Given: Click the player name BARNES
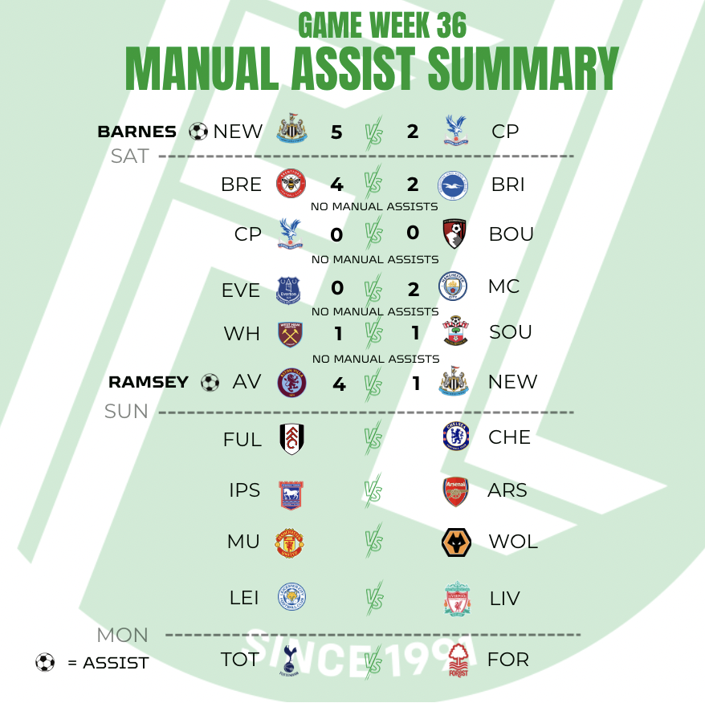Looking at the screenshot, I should [137, 132].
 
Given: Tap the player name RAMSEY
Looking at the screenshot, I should [149, 383].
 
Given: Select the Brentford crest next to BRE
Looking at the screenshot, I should [291, 184].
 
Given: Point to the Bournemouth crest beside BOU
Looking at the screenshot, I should [455, 234].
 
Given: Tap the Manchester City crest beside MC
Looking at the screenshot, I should [453, 286].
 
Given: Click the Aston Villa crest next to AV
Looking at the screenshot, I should [291, 382].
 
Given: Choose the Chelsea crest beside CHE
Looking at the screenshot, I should [455, 437].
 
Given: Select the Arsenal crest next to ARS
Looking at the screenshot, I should [454, 490].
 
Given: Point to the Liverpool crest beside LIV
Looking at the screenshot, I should [457, 599].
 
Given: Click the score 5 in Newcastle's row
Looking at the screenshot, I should [336, 132].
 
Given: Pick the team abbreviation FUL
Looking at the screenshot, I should [242, 440].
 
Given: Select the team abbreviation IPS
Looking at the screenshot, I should [244, 490].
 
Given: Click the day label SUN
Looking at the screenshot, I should [127, 412].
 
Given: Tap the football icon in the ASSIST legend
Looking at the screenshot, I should [45, 662].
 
